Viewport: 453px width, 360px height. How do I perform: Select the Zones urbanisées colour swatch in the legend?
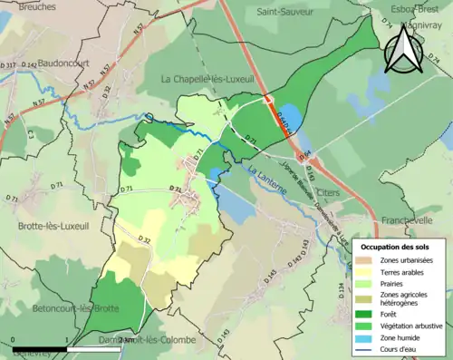[366, 260]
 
